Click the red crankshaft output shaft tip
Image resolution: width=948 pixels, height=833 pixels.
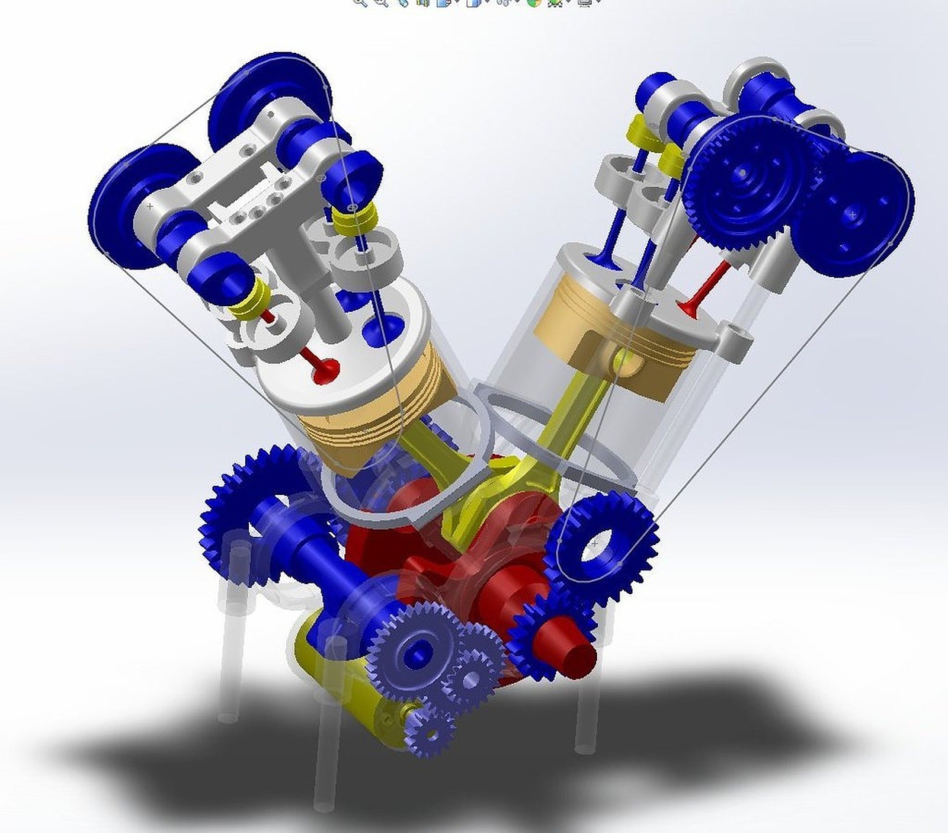(x=578, y=655)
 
